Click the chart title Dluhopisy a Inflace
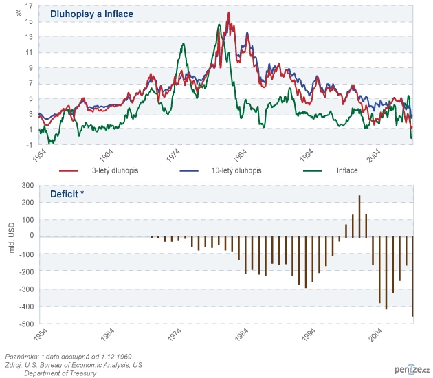91,14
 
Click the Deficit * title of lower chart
67,194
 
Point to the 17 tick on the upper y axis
29,6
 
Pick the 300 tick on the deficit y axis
27,186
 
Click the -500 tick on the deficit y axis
26,324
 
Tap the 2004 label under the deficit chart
375,334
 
